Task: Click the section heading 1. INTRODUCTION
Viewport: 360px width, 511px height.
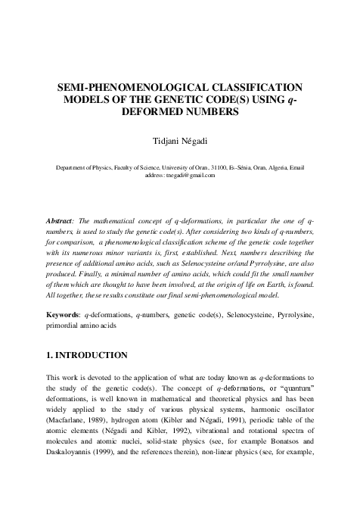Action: pyautogui.click(x=87, y=354)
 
